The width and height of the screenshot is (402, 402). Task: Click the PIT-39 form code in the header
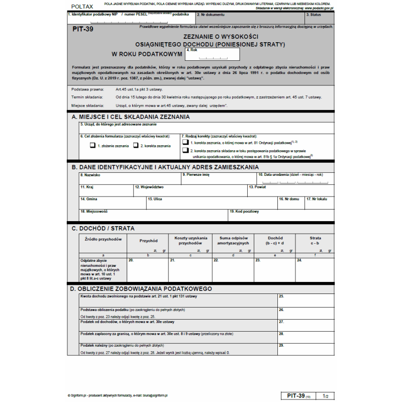83,29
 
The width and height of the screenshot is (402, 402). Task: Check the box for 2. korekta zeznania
135,146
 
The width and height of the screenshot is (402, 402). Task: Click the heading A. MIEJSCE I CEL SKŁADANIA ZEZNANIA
131,117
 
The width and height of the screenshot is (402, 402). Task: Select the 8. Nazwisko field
129,178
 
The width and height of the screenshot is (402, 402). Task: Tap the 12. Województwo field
189,190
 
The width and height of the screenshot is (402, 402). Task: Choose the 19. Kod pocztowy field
280,215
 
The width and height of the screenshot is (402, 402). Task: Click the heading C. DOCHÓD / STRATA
103,228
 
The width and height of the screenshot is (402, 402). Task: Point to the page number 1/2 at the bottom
326,396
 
